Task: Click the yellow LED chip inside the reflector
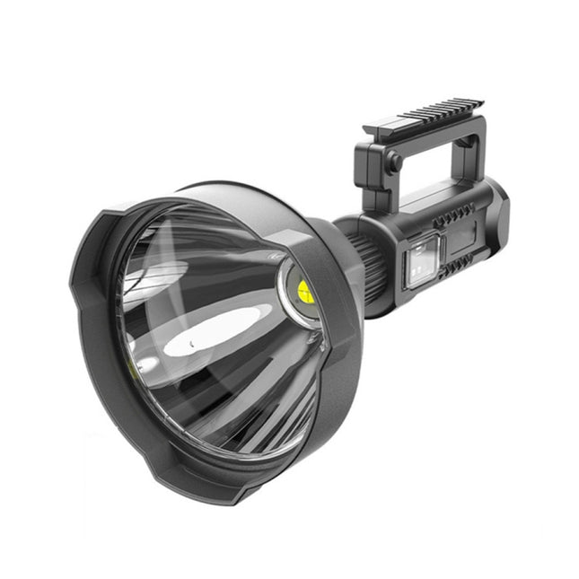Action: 303,289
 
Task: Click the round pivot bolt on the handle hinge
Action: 392,162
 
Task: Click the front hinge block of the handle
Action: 374,166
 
